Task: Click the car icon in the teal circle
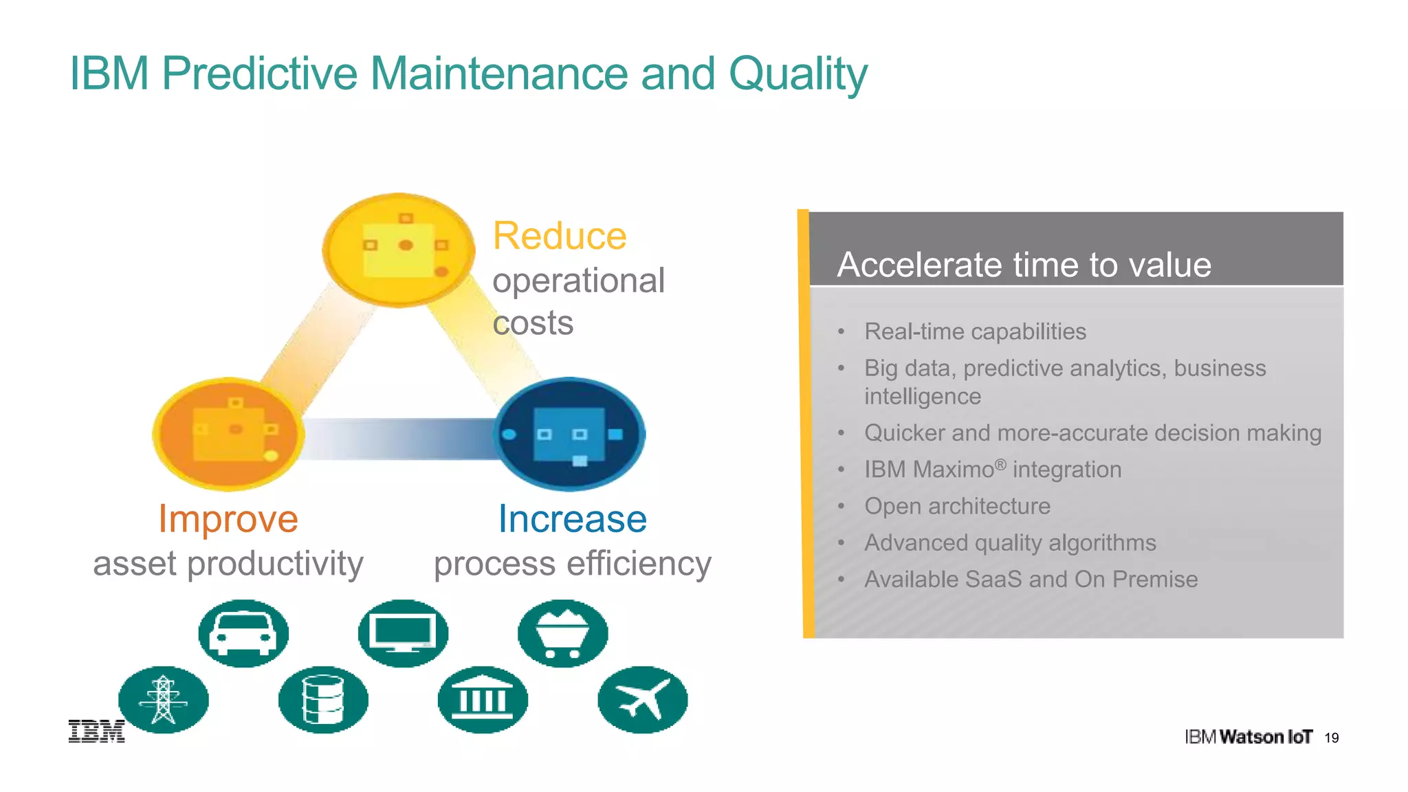point(243,633)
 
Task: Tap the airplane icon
point(642,700)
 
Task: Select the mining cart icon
point(562,633)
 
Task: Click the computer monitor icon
point(403,633)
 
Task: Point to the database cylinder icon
point(323,700)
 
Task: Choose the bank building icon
point(483,700)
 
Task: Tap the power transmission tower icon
point(163,700)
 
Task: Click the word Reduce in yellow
point(560,236)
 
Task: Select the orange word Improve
point(228,518)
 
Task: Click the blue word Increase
point(572,518)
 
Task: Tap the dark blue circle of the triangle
point(569,434)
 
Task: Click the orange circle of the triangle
point(228,434)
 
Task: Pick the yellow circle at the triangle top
point(399,250)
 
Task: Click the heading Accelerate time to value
point(1024,265)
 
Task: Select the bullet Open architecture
point(957,506)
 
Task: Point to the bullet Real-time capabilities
point(975,331)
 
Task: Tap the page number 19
point(1332,738)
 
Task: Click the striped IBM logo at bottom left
point(96,731)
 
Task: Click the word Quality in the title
point(797,74)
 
